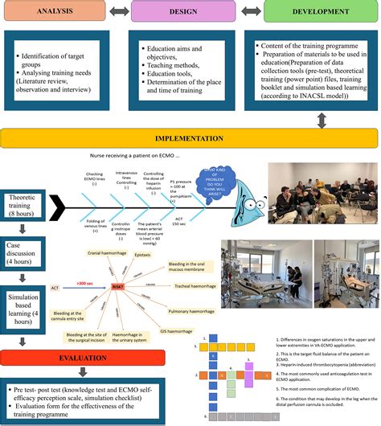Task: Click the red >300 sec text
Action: point(84,283)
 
